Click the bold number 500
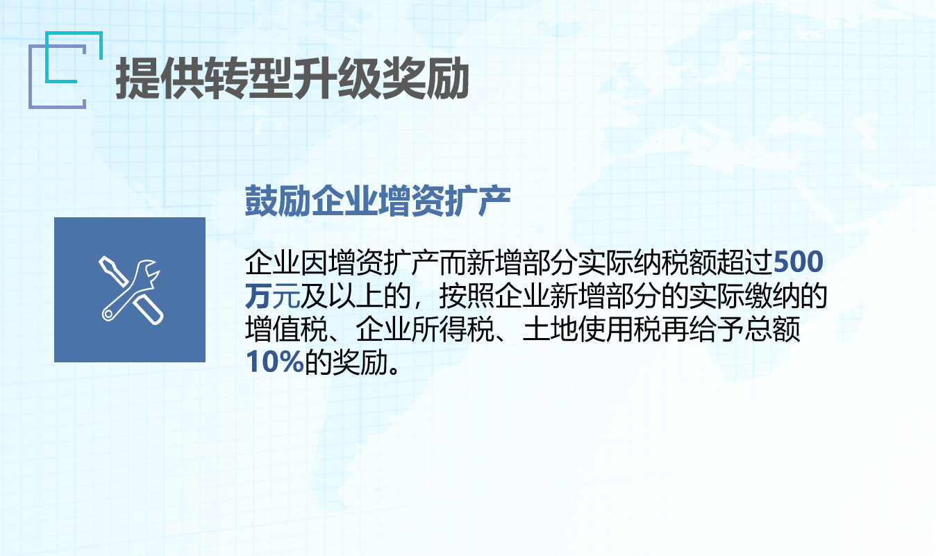click(798, 262)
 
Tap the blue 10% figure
click(274, 362)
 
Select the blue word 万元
click(272, 296)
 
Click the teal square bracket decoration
click(74, 57)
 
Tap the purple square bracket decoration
click(57, 76)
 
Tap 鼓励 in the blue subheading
click(278, 201)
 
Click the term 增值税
click(286, 329)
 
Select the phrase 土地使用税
click(592, 329)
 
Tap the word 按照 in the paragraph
click(467, 296)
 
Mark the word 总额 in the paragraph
click(772, 329)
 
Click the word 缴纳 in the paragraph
click(772, 296)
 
